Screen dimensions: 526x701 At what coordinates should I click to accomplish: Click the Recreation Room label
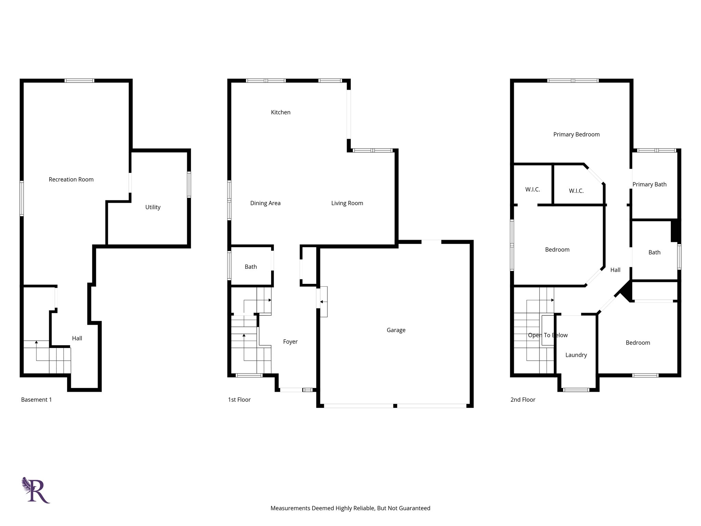pos(71,179)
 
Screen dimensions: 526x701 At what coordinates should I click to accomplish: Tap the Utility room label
pos(153,207)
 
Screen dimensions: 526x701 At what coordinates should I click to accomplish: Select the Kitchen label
pos(280,112)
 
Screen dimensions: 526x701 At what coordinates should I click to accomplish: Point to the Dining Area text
pos(265,203)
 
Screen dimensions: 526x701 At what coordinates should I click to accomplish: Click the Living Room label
pos(347,203)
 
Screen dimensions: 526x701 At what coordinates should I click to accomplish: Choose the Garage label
pos(396,330)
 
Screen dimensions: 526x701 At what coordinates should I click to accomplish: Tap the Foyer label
pos(290,342)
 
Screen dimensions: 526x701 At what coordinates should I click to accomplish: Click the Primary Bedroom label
pos(576,135)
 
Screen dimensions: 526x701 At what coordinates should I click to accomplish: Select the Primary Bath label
pos(649,185)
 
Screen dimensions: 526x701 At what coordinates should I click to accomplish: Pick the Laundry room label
pos(576,355)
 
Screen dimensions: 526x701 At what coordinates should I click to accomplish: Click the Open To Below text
pos(547,335)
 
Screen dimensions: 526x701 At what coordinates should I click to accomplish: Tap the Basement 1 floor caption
pos(36,400)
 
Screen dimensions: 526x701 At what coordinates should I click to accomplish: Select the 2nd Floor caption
pos(522,400)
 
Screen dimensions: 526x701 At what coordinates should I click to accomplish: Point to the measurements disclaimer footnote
pos(350,508)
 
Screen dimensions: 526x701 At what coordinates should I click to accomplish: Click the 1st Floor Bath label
pos(251,267)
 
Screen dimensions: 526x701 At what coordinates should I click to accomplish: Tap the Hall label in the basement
pos(77,338)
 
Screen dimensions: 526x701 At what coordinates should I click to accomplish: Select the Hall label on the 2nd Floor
pos(615,270)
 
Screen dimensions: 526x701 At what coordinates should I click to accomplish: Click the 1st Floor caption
pos(239,400)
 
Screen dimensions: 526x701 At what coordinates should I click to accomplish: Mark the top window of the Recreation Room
pos(79,81)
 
